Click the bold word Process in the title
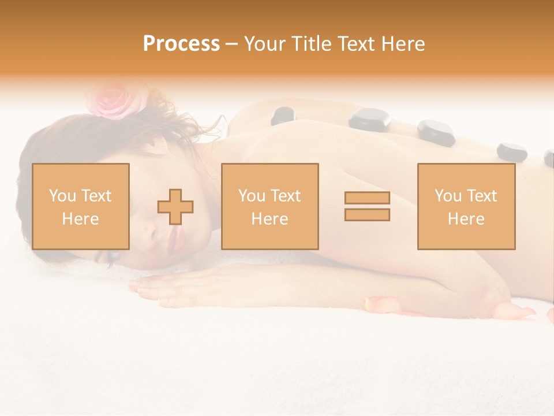pyautogui.click(x=181, y=44)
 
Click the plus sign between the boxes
pyautogui.click(x=175, y=207)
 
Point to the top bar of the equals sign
pyautogui.click(x=367, y=198)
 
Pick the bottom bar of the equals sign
pyautogui.click(x=367, y=214)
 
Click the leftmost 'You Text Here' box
pyautogui.click(x=81, y=206)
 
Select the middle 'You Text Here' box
pyautogui.click(x=269, y=206)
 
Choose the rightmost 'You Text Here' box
pyautogui.click(x=466, y=206)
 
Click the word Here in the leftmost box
pyautogui.click(x=80, y=218)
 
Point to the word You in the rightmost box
pyautogui.click(x=448, y=196)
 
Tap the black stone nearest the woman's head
pyautogui.click(x=283, y=115)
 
